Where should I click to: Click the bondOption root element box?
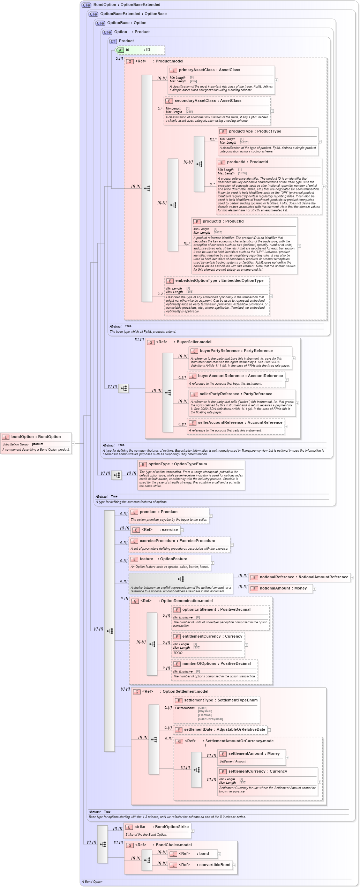pos(36,443)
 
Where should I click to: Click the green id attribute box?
pos(140,50)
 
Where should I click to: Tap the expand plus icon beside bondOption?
pos(73,443)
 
